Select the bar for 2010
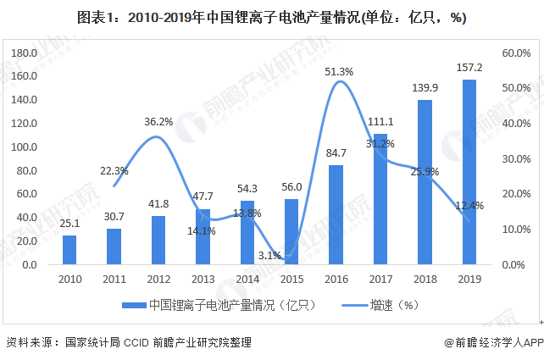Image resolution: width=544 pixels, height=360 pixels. pyautogui.click(x=69, y=250)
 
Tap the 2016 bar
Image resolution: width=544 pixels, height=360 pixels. pyautogui.click(x=336, y=214)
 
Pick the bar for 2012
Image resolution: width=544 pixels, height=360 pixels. pyautogui.click(x=158, y=240)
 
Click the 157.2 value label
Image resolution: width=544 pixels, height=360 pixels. pyautogui.click(x=469, y=67)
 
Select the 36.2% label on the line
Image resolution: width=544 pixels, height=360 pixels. pyautogui.click(x=158, y=122)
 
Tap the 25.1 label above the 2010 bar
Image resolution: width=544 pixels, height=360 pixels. pyautogui.click(x=69, y=224)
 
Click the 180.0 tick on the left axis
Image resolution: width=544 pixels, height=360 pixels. pyautogui.click(x=22, y=53)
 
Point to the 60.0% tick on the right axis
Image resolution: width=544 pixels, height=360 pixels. pyautogui.click(x=515, y=53)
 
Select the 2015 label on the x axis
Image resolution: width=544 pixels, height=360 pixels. pyautogui.click(x=291, y=279)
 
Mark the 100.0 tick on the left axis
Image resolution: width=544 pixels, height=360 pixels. pyautogui.click(x=22, y=147)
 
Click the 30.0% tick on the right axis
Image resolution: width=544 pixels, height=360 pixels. pyautogui.click(x=515, y=158)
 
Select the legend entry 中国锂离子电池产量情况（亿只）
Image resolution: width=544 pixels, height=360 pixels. pyautogui.click(x=220, y=304)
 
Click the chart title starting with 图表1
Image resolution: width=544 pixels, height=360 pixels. pyautogui.click(x=271, y=17)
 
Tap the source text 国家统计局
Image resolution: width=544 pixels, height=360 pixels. pyautogui.click(x=90, y=342)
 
